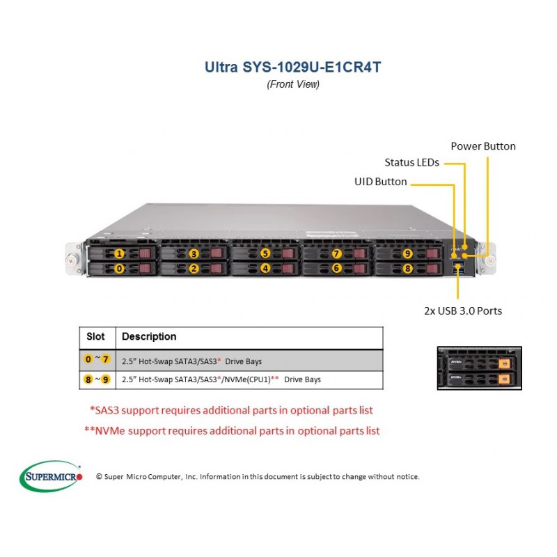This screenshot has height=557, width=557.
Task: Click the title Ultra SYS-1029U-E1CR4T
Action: click(292, 67)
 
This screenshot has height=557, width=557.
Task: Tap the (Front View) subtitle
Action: click(293, 84)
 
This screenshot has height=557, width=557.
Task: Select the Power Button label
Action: click(483, 146)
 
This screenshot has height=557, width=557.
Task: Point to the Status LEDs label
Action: click(411, 162)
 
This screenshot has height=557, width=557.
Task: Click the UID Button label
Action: click(380, 182)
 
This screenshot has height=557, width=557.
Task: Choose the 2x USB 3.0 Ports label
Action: click(463, 311)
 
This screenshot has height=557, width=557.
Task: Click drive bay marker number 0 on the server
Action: click(119, 269)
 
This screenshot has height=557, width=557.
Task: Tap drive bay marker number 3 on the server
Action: click(194, 253)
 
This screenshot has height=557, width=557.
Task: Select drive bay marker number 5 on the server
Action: click(265, 253)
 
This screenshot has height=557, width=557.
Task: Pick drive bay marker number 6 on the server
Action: click(336, 268)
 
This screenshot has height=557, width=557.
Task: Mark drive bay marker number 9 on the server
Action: click(407, 253)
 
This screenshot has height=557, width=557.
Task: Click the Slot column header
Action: click(95, 336)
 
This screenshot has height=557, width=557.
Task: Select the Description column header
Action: click(149, 336)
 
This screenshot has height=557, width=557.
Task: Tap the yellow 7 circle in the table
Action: click(105, 359)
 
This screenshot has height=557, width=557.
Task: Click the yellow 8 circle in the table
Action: click(88, 379)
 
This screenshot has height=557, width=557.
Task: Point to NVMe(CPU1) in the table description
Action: click(247, 379)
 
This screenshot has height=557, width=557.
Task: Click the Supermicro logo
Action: click(51, 476)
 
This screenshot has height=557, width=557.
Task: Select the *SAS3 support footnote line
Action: click(231, 410)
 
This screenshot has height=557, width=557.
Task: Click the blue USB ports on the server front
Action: click(459, 268)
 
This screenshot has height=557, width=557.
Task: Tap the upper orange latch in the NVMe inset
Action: click(504, 363)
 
